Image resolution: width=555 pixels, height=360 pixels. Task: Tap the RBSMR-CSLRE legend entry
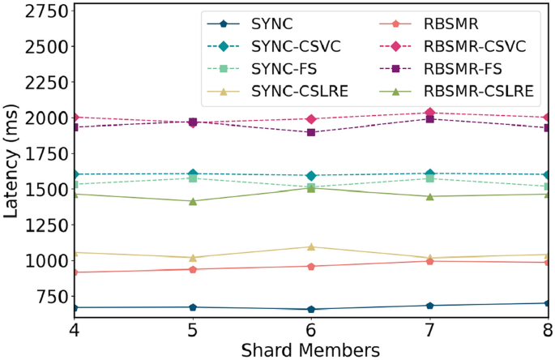[x=482, y=93]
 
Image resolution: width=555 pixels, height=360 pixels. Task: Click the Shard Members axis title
[x=311, y=349]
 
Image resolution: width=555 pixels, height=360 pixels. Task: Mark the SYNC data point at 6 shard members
[x=311, y=309]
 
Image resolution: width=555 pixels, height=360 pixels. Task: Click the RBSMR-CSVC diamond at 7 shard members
[x=429, y=113]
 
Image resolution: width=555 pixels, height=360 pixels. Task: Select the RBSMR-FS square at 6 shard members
[x=311, y=132]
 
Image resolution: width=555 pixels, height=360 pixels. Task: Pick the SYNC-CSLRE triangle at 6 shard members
[x=311, y=246]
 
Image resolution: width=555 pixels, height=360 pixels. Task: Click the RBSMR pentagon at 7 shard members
[x=429, y=261]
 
